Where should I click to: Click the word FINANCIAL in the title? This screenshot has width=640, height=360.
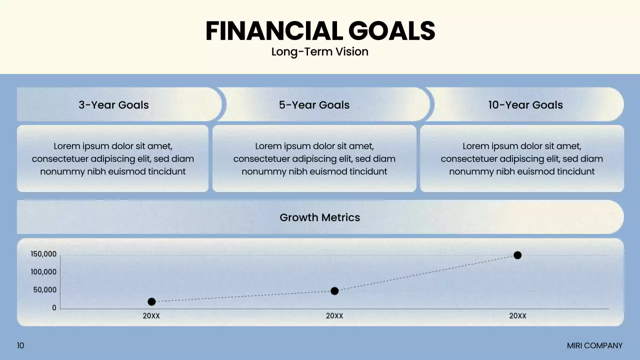click(274, 31)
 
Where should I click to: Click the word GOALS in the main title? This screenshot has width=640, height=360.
click(391, 31)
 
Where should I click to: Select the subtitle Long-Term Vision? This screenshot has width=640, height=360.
click(319, 52)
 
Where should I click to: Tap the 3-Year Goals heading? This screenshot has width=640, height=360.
click(113, 105)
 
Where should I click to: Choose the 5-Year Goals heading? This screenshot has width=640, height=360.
click(314, 105)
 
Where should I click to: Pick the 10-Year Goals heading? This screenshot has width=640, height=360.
click(525, 105)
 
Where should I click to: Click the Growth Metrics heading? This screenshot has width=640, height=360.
click(319, 217)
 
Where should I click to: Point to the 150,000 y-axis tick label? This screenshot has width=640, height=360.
click(43, 254)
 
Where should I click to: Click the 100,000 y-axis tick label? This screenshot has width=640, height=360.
click(43, 272)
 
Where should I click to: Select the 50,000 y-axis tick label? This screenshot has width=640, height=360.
click(45, 290)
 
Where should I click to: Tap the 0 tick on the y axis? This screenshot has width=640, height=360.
click(54, 308)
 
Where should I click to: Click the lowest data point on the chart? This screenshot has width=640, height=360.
click(151, 301)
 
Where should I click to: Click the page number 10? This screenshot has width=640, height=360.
click(20, 345)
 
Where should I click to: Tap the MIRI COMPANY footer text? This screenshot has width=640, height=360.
click(594, 345)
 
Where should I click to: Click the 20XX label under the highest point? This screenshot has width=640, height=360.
click(517, 316)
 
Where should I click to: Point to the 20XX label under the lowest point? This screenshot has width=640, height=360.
click(151, 316)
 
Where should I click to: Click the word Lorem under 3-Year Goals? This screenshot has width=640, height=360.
click(67, 146)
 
